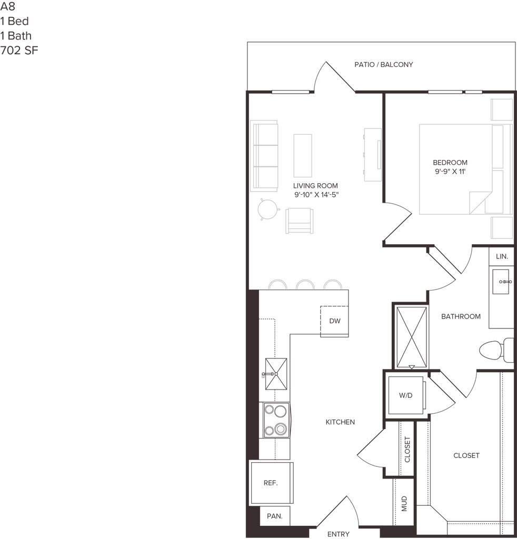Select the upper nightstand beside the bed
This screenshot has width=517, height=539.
point(501,109)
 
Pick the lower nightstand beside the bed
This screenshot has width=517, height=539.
point(501,227)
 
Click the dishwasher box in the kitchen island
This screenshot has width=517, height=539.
point(335,321)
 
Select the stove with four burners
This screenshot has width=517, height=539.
point(275,420)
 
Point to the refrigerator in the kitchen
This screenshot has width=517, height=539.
point(270,483)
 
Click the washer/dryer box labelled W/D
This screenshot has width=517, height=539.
point(405,395)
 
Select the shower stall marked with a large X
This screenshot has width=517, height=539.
point(410,335)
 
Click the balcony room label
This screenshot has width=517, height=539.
point(384,65)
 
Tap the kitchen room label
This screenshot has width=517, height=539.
point(340,422)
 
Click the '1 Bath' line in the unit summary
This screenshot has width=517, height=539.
point(16,36)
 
